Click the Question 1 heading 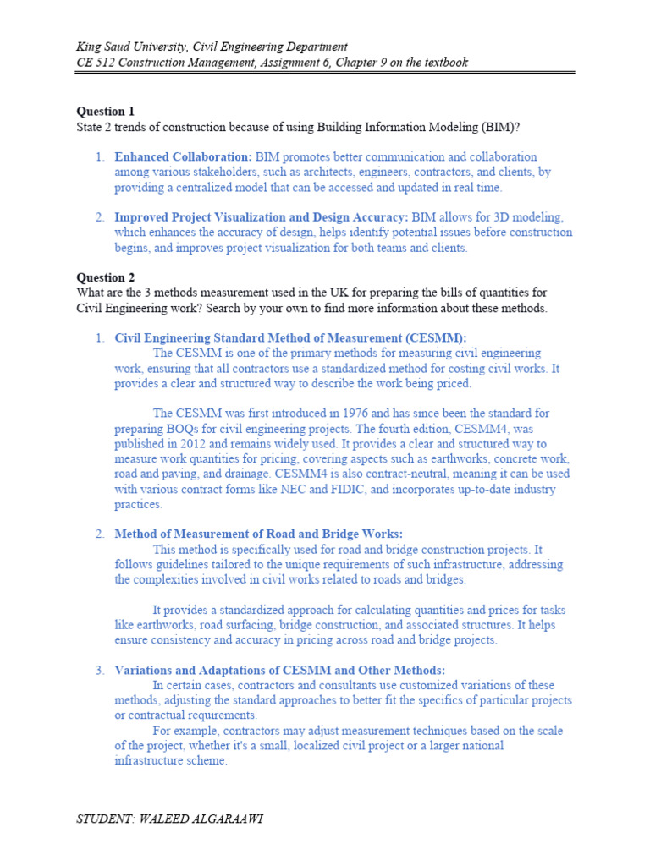tap(105, 111)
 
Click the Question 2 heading tap(105, 277)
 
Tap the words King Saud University tap(134, 47)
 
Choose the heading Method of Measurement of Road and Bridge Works tap(259, 534)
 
